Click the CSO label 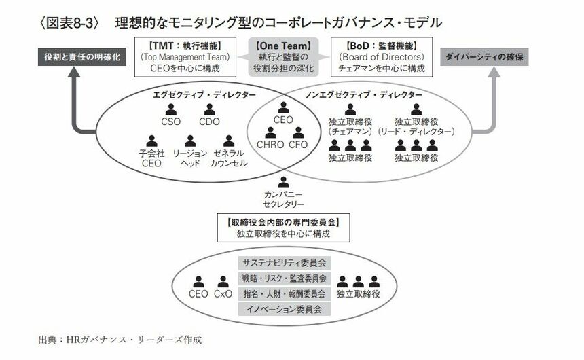tap(170, 122)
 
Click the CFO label tap(298, 145)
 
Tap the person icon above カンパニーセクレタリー tap(284, 182)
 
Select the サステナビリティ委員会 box tap(284, 262)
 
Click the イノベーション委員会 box tap(284, 309)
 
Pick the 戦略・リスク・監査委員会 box tap(284, 278)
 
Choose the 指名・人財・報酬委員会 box tap(284, 293)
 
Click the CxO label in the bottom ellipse tap(223, 294)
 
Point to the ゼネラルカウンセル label tap(228, 158)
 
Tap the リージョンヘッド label tap(190, 158)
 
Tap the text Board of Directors tap(382, 57)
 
